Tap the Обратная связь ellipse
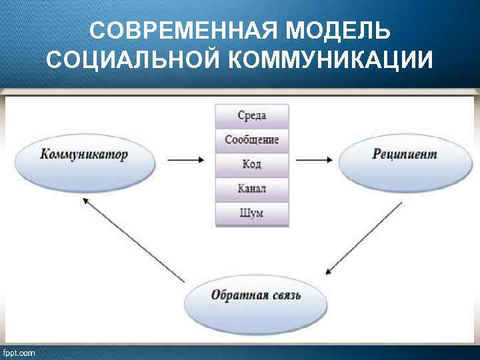[x=256, y=298]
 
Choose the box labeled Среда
[x=252, y=115]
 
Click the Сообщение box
[x=252, y=140]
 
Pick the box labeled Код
[x=252, y=165]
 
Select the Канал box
[x=252, y=189]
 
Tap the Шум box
[x=252, y=213]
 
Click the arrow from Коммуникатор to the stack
[x=185, y=160]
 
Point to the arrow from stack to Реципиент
[x=314, y=160]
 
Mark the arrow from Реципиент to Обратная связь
[x=364, y=237]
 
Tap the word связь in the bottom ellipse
[x=285, y=295]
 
